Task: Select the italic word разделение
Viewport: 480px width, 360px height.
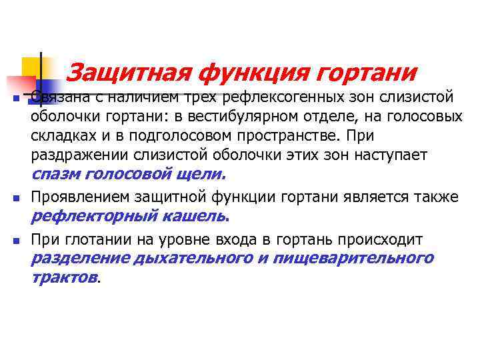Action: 80,259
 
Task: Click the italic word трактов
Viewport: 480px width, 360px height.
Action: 64,277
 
